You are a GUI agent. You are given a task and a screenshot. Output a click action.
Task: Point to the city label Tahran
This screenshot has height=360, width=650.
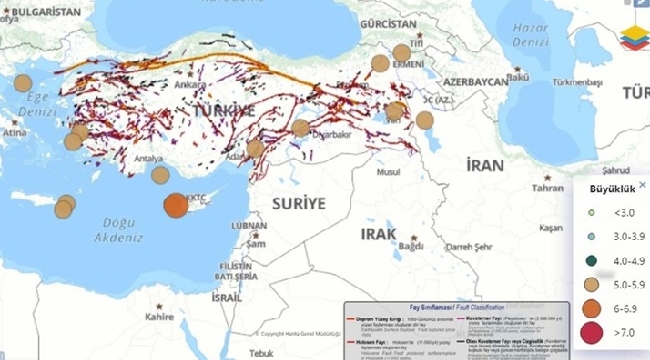click(547, 187)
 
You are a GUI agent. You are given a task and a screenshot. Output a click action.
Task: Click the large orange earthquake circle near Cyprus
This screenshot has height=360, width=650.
click(175, 205)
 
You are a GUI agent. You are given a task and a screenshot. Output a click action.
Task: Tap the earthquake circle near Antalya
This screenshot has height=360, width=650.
click(160, 174)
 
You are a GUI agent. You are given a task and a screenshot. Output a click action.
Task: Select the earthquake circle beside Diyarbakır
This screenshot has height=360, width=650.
click(301, 128)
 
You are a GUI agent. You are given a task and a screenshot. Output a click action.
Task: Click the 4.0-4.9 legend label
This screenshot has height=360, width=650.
click(627, 260)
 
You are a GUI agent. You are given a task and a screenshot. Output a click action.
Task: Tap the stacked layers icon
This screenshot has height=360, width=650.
click(634, 32)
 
